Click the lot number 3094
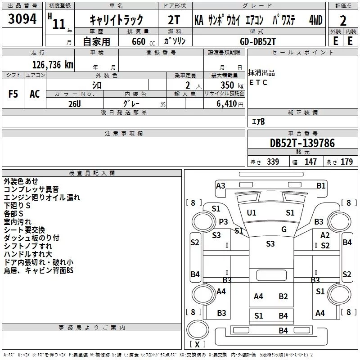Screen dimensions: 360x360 point(22,19)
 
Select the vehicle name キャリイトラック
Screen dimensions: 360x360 point(116,20)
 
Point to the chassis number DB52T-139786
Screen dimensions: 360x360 point(302,143)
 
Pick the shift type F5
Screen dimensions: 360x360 point(13,94)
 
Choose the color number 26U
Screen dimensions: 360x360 point(75,103)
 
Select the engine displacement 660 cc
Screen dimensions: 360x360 point(137,41)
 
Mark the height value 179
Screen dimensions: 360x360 point(346,162)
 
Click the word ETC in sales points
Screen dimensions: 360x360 point(258,82)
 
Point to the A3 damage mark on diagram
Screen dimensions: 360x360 point(220,185)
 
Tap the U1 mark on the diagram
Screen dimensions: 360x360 point(252,212)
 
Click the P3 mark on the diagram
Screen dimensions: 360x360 point(224,221)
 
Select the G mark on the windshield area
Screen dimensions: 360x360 point(284,229)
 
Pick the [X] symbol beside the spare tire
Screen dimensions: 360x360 point(197,344)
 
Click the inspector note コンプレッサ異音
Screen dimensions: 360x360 point(31,189)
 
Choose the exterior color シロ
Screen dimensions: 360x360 point(96,85)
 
